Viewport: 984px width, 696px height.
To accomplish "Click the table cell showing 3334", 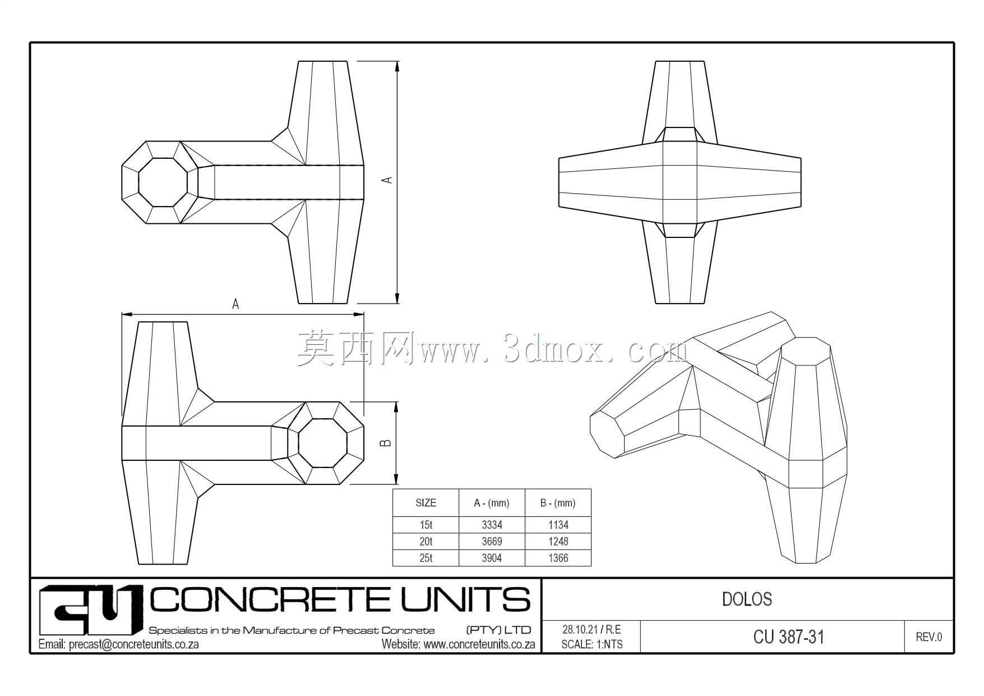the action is tap(492, 525).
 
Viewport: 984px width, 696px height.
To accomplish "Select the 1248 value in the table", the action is tap(558, 542).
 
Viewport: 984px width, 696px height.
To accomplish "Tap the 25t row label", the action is tap(426, 558).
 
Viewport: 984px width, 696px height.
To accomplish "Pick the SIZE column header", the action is tap(426, 503).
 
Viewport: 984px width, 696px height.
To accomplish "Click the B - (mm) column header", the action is tap(558, 503).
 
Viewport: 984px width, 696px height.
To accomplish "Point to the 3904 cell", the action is tap(492, 558).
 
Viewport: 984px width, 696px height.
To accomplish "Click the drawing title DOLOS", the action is tap(747, 599).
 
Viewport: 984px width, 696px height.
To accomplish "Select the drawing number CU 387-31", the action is tap(789, 637).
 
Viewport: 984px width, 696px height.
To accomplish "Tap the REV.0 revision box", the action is tap(929, 637).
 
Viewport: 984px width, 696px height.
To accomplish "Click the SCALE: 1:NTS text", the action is tap(592, 644).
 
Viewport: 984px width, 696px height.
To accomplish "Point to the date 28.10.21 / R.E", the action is tap(592, 630).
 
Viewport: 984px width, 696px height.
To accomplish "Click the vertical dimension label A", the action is tap(386, 180).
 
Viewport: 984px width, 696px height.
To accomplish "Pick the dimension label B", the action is tap(386, 443).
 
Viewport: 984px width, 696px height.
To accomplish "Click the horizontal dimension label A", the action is tap(235, 304).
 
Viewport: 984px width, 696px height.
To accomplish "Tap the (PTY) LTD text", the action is tap(498, 630).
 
